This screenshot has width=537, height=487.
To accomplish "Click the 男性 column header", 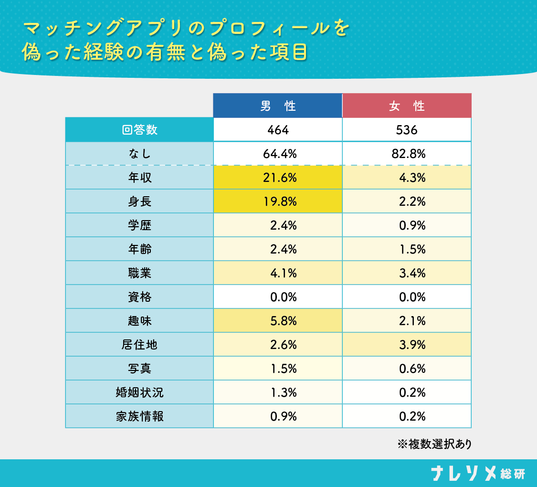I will [x=277, y=106].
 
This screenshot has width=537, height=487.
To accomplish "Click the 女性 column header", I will [x=407, y=106].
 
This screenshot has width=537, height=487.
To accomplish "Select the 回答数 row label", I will [x=139, y=130].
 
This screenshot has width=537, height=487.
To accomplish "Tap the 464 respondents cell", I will [x=277, y=130].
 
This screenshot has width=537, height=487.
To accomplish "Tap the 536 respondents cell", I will [x=407, y=130].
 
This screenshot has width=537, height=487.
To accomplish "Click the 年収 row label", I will [x=139, y=178].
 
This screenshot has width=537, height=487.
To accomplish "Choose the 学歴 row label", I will [x=139, y=225].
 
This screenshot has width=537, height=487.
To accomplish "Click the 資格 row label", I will [x=139, y=297].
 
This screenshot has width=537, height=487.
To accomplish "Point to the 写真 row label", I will [x=139, y=369].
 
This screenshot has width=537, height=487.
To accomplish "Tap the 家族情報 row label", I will [x=139, y=416].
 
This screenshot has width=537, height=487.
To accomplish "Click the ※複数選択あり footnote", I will [x=434, y=445].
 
